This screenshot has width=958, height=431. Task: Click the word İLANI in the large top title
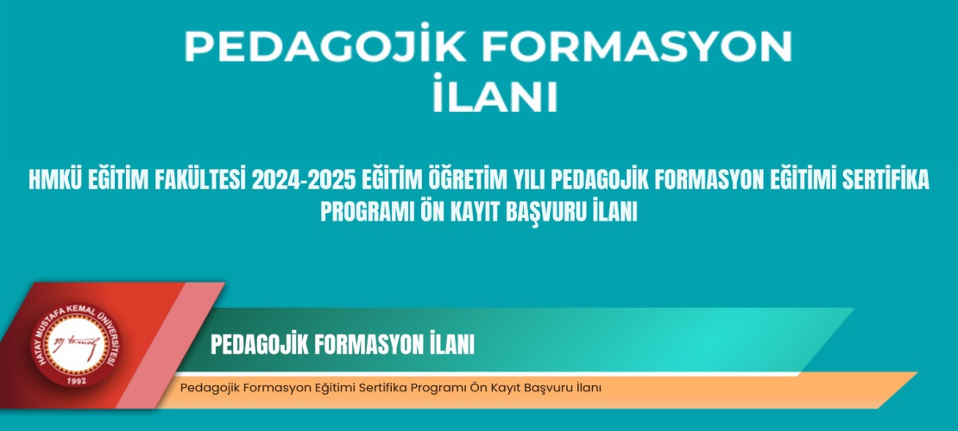click(495, 95)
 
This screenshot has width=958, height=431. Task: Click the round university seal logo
click(76, 346)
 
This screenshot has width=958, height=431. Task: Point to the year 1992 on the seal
click(77, 380)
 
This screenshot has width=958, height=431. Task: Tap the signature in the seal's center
click(76, 344)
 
